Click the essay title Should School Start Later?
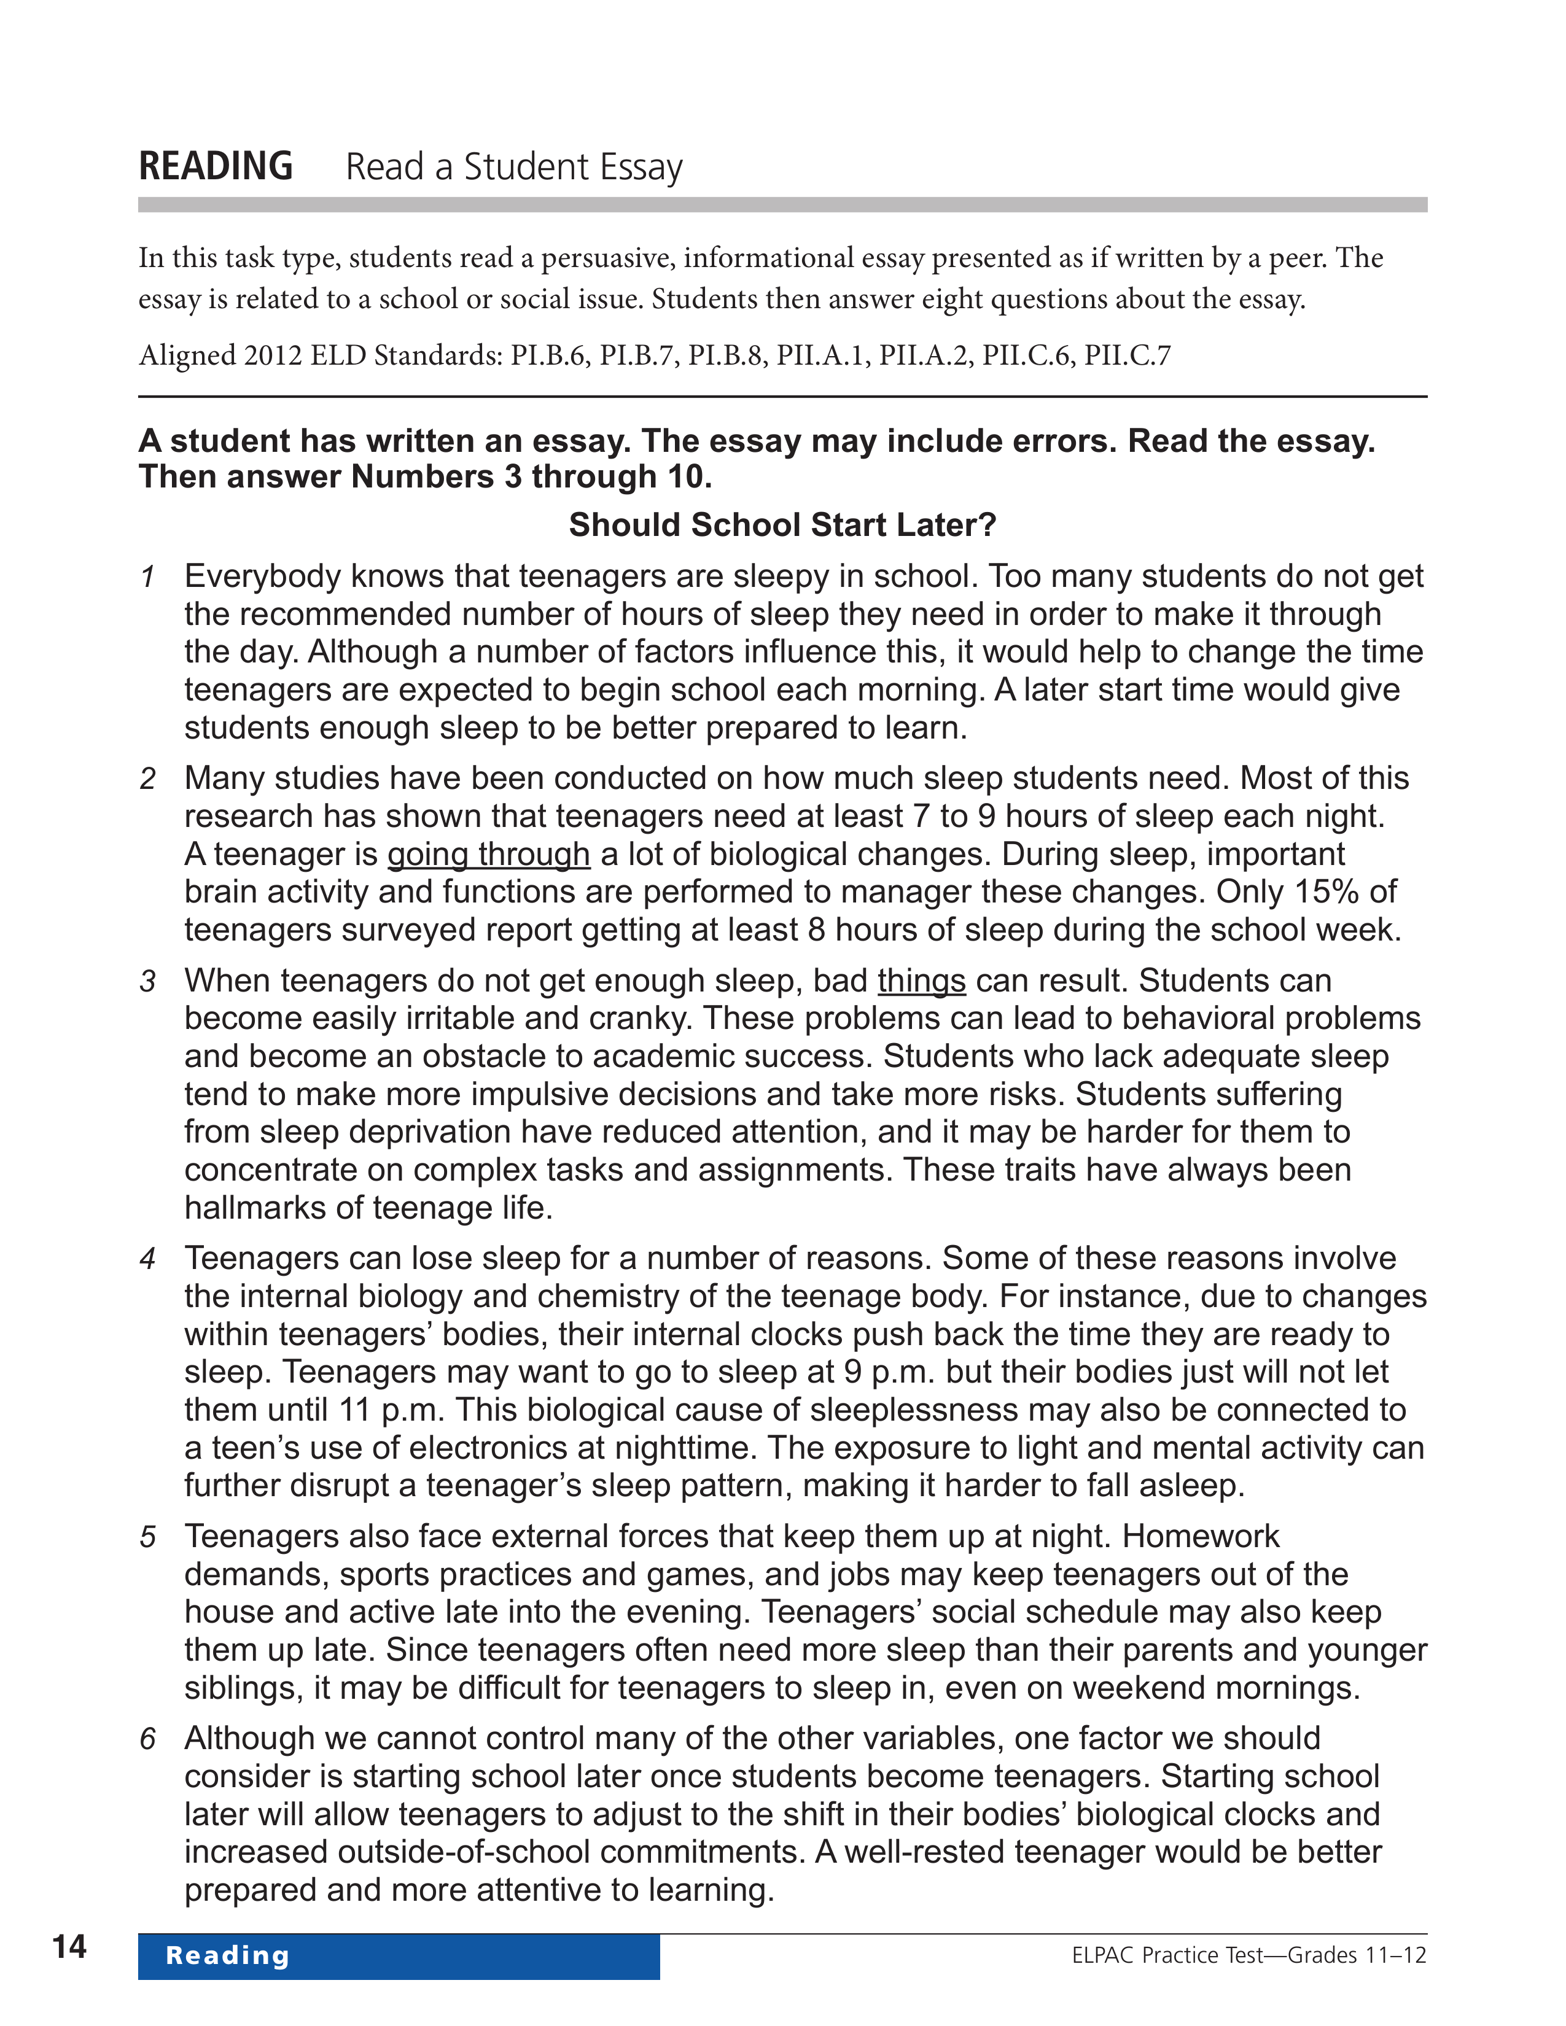pos(782,525)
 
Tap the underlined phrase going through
pos(488,853)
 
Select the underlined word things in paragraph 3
pos(921,980)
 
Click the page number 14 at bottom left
pos(69,1946)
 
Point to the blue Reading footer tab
pos(399,1955)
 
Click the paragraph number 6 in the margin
pos(147,1739)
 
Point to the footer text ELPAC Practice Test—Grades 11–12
pos(1249,1955)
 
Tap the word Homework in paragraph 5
pos(1201,1536)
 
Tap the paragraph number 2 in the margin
pos(147,779)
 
